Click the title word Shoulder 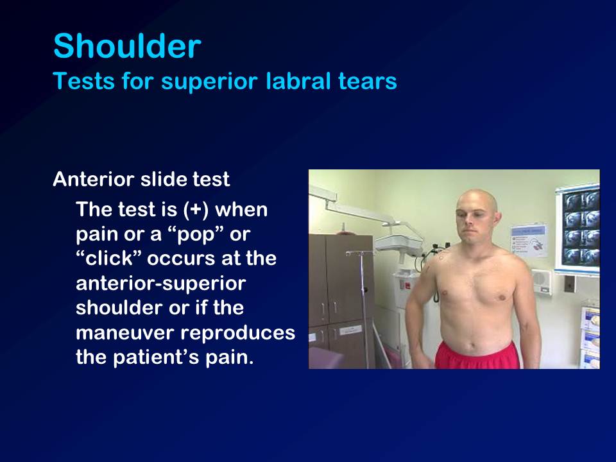(x=127, y=46)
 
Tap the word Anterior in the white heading (x=94, y=179)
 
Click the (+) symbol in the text (x=196, y=209)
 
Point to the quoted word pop (x=196, y=235)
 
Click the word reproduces (x=237, y=334)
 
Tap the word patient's (x=156, y=357)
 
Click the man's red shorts (x=477, y=356)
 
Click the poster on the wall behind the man (x=529, y=241)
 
